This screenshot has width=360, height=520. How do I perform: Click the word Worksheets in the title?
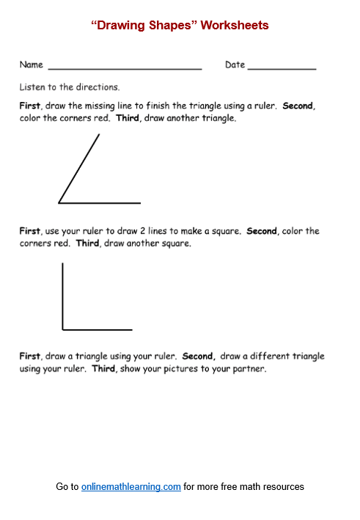tap(234, 26)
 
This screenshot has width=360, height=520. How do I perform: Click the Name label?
tap(31, 65)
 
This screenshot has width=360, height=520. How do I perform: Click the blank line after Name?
tap(124, 68)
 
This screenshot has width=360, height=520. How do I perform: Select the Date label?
tap(235, 65)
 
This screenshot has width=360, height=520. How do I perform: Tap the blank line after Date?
tap(282, 68)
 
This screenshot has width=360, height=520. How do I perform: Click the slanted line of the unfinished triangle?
tap(79, 168)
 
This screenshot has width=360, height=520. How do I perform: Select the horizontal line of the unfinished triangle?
tap(100, 202)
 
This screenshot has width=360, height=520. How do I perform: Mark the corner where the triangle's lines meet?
tap(59, 202)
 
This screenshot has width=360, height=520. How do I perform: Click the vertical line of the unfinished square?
tap(63, 296)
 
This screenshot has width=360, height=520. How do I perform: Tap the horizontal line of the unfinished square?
tap(98, 329)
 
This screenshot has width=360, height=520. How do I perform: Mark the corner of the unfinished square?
tap(63, 329)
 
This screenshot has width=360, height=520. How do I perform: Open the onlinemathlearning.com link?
tap(131, 487)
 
